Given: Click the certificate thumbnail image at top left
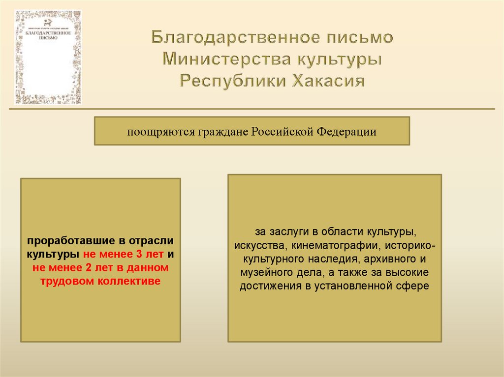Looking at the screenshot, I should coord(48,57).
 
